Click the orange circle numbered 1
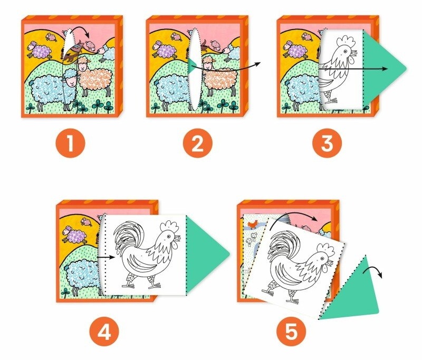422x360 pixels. (71, 143)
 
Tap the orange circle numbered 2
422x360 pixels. (197, 143)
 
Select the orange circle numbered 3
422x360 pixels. (327, 143)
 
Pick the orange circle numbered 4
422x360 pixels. (104, 332)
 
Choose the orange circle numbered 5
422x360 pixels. (292, 332)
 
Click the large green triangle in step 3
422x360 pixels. (379, 69)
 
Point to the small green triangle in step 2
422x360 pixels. (191, 66)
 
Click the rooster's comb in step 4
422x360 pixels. (169, 227)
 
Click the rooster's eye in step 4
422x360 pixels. (168, 236)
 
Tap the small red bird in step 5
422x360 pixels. (253, 223)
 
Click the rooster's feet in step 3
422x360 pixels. (331, 100)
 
